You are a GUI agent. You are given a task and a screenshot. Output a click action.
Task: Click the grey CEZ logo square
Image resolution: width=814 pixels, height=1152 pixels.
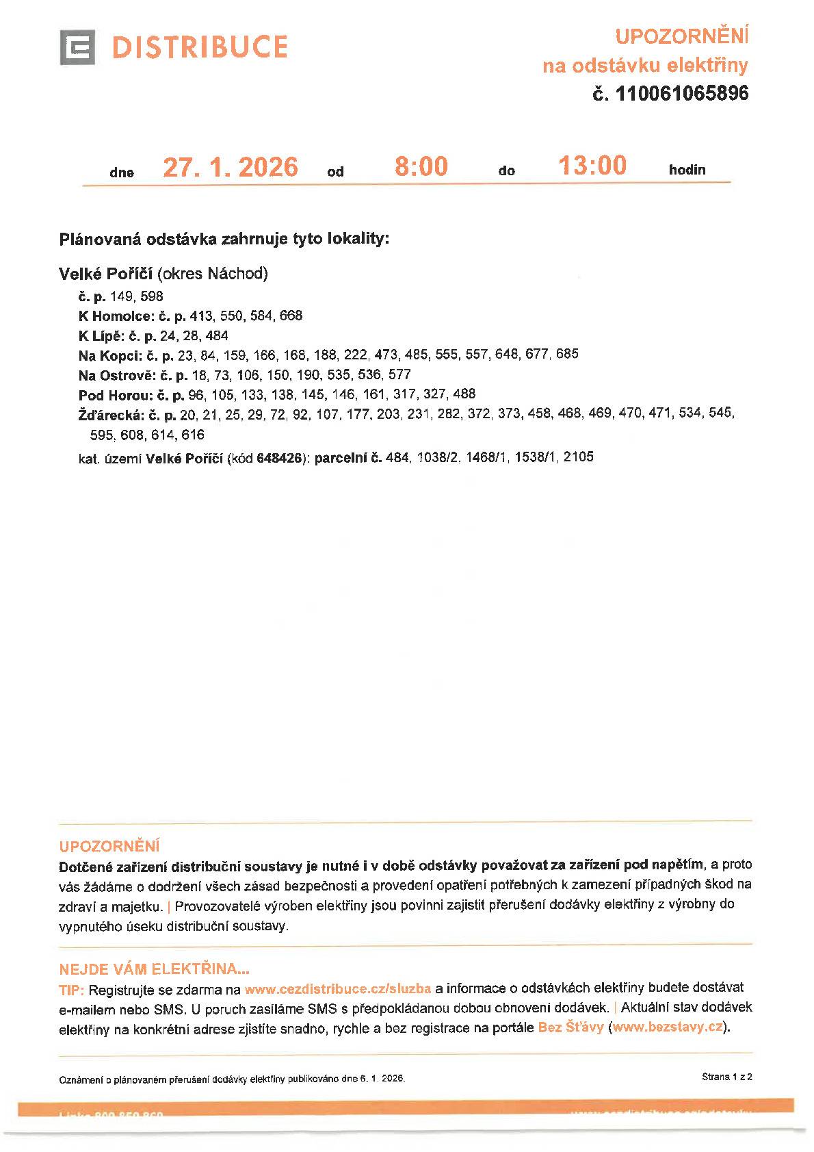[77, 47]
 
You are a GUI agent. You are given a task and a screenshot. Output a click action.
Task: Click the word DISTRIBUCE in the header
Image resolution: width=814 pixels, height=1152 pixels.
[199, 47]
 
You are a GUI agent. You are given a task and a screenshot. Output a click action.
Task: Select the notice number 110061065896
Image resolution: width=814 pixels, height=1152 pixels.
[682, 94]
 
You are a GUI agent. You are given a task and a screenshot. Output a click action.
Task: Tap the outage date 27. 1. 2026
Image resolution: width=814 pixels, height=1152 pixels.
[231, 167]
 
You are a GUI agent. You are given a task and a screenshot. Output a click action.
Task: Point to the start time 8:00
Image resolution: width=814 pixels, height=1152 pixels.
[421, 166]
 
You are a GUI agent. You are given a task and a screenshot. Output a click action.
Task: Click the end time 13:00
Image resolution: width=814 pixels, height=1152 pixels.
[592, 166]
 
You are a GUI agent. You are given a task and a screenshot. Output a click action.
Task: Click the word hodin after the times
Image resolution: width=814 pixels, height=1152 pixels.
[687, 170]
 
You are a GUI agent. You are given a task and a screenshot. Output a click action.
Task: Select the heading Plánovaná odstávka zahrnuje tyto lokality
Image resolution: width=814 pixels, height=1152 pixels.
[224, 240]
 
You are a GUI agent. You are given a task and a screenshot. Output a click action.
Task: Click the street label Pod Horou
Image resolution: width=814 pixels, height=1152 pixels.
[114, 395]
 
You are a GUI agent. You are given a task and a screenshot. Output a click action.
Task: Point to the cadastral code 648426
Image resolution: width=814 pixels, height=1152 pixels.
[279, 458]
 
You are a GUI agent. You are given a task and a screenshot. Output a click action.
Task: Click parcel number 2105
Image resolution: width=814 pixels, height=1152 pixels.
[578, 457]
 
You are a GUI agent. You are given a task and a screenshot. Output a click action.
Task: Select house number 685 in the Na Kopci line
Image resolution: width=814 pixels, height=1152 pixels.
[567, 354]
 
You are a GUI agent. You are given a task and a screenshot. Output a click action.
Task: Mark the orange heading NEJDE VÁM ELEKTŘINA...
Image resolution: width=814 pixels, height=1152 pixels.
[154, 969]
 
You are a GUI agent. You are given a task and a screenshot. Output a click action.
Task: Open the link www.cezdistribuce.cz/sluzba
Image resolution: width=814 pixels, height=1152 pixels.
[337, 989]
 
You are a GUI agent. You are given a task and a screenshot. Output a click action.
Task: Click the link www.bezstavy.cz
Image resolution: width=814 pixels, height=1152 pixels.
[668, 1027]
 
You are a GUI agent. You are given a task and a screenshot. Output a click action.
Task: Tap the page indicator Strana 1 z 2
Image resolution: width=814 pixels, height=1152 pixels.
[726, 1077]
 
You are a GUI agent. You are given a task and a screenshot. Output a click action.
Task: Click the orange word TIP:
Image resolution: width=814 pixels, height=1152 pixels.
[72, 990]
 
